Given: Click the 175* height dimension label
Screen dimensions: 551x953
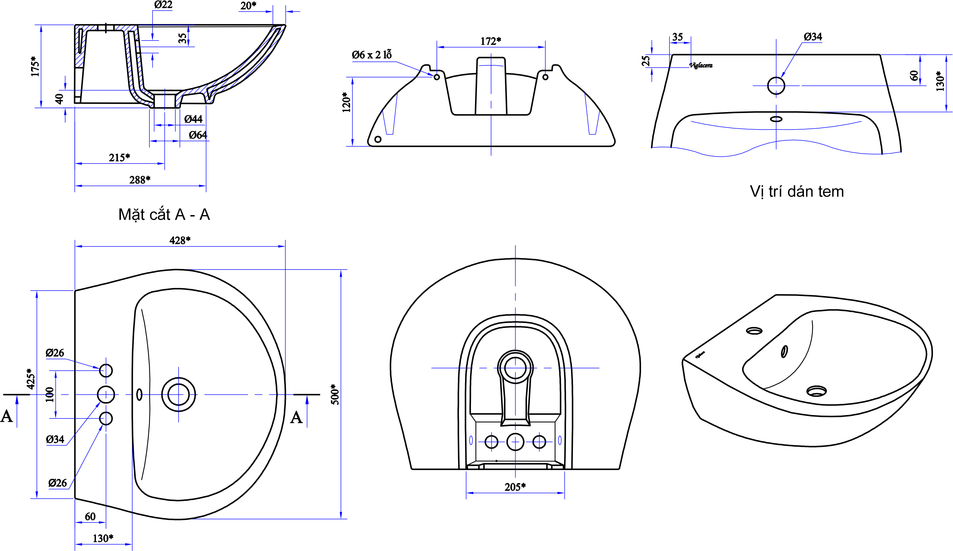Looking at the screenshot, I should pyautogui.click(x=35, y=66).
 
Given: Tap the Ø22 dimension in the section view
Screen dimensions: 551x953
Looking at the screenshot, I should pyautogui.click(x=163, y=5).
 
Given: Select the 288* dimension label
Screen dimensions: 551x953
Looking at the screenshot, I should pyautogui.click(x=140, y=180).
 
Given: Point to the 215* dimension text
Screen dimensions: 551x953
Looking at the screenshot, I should pyautogui.click(x=120, y=157).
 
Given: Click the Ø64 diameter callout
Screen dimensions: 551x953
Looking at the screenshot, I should pyautogui.click(x=198, y=135).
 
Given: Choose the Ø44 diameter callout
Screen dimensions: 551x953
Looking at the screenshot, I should pyautogui.click(x=193, y=119).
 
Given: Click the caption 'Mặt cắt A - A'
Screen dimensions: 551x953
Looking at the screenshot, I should pyautogui.click(x=164, y=215).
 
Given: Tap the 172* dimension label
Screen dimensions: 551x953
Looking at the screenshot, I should pyautogui.click(x=491, y=41).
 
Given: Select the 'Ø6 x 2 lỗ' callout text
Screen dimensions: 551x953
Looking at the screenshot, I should pyautogui.click(x=371, y=55).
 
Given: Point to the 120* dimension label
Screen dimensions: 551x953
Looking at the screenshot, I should pyautogui.click(x=346, y=102).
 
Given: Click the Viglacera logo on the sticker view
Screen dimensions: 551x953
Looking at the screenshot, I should pyautogui.click(x=701, y=65).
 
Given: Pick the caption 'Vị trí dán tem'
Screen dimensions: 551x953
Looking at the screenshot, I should pyautogui.click(x=796, y=192).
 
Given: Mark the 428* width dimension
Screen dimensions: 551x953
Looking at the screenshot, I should pyautogui.click(x=180, y=240).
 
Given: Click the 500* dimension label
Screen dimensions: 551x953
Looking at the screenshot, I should pyautogui.click(x=335, y=394).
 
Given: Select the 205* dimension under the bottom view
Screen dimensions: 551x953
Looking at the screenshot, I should pyautogui.click(x=515, y=487).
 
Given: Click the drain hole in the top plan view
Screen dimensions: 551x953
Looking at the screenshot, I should pyautogui.click(x=179, y=394).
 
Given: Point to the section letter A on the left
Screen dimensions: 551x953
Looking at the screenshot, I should pyautogui.click(x=7, y=417).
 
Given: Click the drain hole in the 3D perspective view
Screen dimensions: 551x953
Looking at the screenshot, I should pyautogui.click(x=817, y=391).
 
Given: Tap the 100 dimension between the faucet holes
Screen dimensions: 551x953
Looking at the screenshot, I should pyautogui.click(x=50, y=394).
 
